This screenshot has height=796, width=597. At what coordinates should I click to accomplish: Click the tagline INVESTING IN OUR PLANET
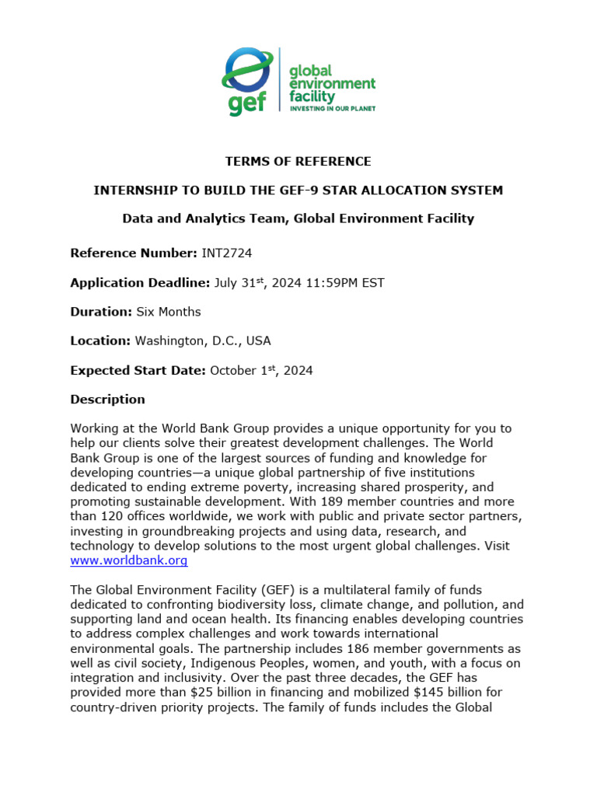tap(332, 109)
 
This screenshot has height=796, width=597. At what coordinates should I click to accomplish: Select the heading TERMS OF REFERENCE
tap(298, 162)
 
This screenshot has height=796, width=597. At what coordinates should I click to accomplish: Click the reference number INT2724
tap(226, 253)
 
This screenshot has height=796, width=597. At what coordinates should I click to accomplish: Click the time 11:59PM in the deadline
tap(327, 283)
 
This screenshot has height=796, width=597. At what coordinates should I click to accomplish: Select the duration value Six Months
tap(168, 312)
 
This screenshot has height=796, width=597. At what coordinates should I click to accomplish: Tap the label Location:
tap(100, 340)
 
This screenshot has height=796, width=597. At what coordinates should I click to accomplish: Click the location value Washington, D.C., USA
tap(203, 340)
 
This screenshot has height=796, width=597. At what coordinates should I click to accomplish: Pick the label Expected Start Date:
tap(138, 370)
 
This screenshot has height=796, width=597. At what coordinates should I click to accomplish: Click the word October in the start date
tap(233, 370)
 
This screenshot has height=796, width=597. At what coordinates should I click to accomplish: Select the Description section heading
tap(107, 400)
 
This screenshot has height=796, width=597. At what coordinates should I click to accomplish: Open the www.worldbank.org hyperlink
tap(129, 560)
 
